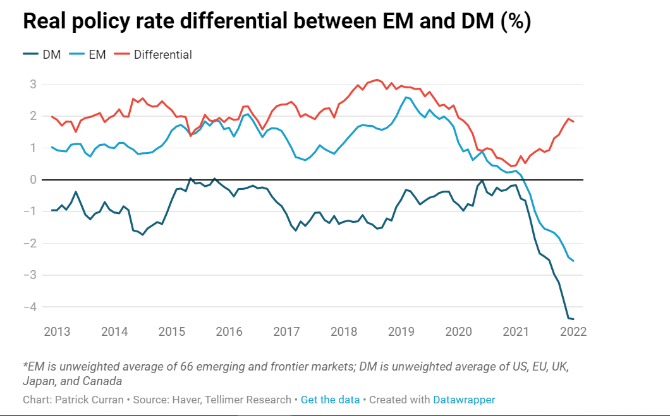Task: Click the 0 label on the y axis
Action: [x=32, y=180]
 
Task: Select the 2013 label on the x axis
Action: [x=57, y=331]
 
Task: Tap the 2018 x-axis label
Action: [x=344, y=331]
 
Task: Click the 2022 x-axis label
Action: [x=574, y=331]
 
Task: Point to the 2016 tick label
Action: [x=229, y=331]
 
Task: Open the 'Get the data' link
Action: [x=330, y=400]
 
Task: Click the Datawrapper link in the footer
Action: [x=464, y=400]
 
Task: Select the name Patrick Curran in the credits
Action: [x=83, y=400]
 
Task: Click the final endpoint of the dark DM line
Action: [x=573, y=319]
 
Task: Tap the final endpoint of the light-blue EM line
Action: [x=573, y=261]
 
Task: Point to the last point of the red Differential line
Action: [x=573, y=122]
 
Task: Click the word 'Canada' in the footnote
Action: [x=104, y=381]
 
